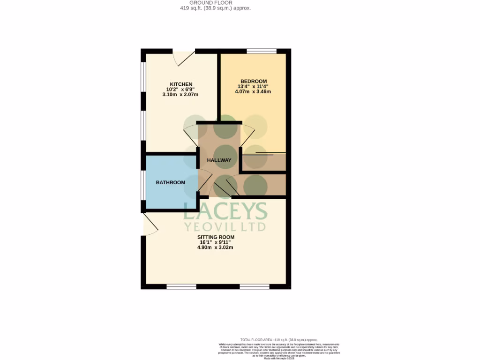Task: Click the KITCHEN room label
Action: (x=181, y=84)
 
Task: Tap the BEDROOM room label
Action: (x=253, y=81)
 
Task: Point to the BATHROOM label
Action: (x=171, y=182)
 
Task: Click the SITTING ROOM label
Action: (x=216, y=237)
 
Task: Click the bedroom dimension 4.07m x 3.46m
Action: (x=253, y=91)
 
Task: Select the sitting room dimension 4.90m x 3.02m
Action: (x=216, y=247)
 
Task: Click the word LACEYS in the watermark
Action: (x=225, y=212)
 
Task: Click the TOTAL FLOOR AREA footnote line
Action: (x=278, y=340)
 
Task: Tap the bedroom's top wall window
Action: (x=262, y=51)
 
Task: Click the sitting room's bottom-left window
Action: (x=181, y=286)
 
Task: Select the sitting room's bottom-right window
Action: (x=255, y=286)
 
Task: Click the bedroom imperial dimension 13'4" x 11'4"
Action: (x=253, y=86)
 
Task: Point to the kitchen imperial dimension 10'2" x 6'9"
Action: (x=181, y=90)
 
